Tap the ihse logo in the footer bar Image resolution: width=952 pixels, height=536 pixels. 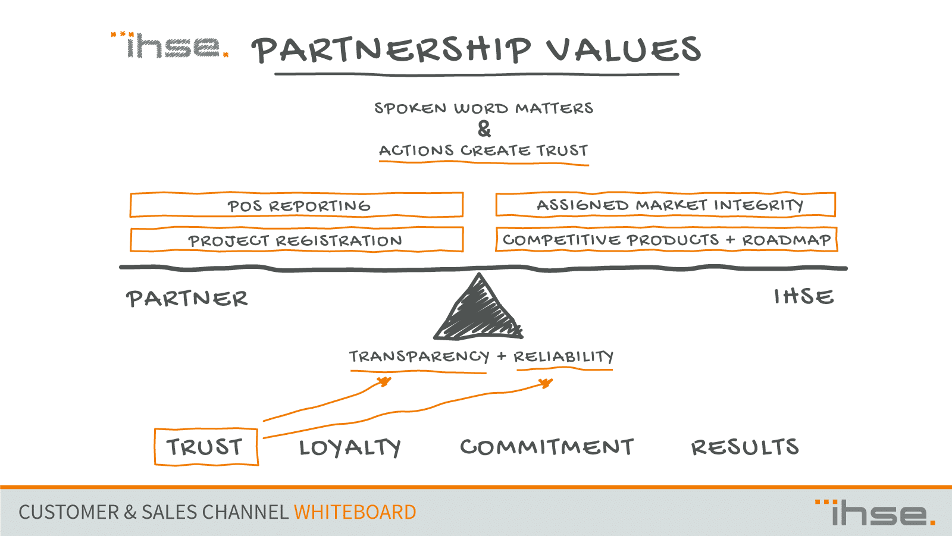pos(875,513)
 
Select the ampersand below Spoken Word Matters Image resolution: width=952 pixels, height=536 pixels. pos(484,128)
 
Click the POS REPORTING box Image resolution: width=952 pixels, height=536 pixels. pos(296,205)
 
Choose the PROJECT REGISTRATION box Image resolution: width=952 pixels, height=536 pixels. pos(296,240)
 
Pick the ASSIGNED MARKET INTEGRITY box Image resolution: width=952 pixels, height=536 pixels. pos(666,205)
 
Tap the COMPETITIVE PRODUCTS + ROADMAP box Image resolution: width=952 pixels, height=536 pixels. pos(666,239)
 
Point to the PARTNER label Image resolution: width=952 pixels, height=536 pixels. pos(187,299)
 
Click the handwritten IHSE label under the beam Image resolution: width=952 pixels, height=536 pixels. pos(804,296)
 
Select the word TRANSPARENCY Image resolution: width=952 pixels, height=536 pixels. pos(419,356)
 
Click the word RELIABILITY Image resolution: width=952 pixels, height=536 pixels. pos(563,356)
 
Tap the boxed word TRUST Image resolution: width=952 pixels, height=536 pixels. pos(206,447)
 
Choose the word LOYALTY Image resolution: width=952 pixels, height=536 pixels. pos(350,447)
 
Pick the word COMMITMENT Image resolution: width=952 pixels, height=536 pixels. pos(547,447)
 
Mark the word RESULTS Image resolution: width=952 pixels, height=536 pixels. pos(745,447)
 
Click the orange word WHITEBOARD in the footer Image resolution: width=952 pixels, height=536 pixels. pos(355,512)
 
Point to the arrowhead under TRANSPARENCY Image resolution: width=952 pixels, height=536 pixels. pos(385,381)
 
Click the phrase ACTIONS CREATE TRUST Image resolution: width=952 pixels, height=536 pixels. pos(484,151)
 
